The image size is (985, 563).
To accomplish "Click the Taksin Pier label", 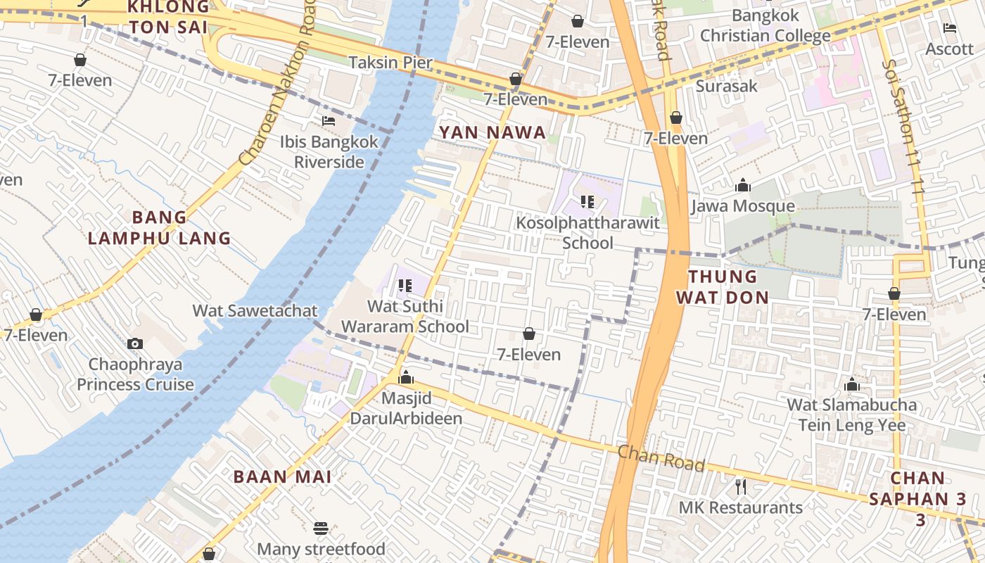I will tap(390, 62).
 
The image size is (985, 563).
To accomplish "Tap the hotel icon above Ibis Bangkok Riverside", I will tap(329, 121).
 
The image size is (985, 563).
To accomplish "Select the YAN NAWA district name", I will tap(493, 132).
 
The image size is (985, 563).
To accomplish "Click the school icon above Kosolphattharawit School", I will tap(587, 203).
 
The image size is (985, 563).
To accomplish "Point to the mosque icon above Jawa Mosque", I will tap(742, 186).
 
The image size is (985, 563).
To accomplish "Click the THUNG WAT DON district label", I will tap(723, 286).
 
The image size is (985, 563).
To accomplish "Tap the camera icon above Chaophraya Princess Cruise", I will tap(135, 344).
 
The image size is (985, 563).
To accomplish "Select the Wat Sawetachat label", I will tap(255, 310).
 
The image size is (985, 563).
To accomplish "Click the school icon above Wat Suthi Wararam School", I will tap(405, 286).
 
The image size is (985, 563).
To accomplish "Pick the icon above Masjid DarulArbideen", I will tap(406, 378).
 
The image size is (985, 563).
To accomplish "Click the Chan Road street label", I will tap(661, 458).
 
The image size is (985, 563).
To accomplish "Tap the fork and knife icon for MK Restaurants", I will tap(740, 487).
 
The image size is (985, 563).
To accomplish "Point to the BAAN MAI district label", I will tap(282, 476).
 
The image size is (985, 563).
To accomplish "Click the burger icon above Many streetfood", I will tap(321, 529).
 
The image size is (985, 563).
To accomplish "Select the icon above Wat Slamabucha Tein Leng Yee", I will tap(852, 384).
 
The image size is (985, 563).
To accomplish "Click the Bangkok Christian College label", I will tap(765, 25).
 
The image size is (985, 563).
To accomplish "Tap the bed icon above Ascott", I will tap(950, 29).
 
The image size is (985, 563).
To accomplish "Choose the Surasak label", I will tap(727, 86).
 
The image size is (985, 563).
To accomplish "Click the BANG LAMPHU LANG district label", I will tap(160, 227).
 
